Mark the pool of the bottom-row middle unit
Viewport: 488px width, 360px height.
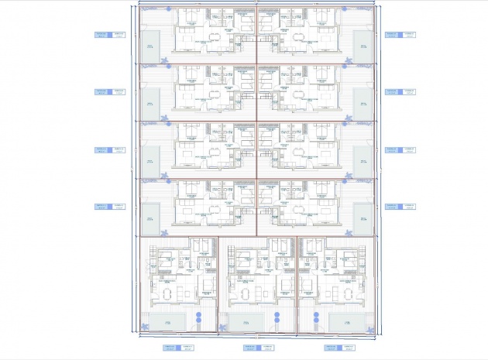tap(242, 321)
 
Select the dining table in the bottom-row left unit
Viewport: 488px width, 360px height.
tap(165, 293)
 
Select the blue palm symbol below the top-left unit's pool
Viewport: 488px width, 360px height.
tap(164, 60)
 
